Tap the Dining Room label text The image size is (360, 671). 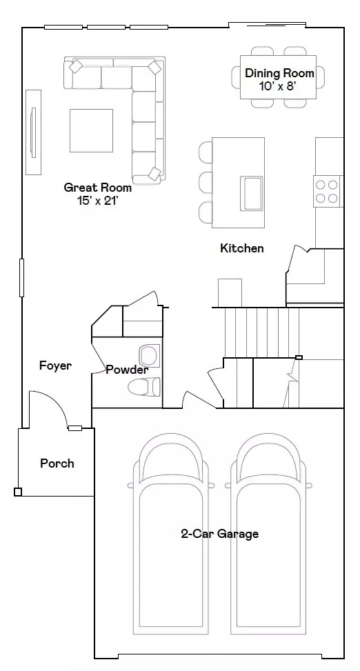coord(279,73)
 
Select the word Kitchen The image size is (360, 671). coord(241,248)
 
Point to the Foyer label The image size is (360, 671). coord(55,365)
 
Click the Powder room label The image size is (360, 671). coord(126,370)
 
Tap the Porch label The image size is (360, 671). coord(57,463)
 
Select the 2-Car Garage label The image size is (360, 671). coord(219,534)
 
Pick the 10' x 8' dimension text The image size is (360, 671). coord(279,87)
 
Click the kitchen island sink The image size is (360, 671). coord(251,192)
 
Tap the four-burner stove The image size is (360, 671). coord(328,191)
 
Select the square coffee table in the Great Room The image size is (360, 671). coord(90,131)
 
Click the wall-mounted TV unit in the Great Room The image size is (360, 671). coord(32,132)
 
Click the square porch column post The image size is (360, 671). coord(17,492)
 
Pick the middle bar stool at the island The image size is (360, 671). coord(206,182)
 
